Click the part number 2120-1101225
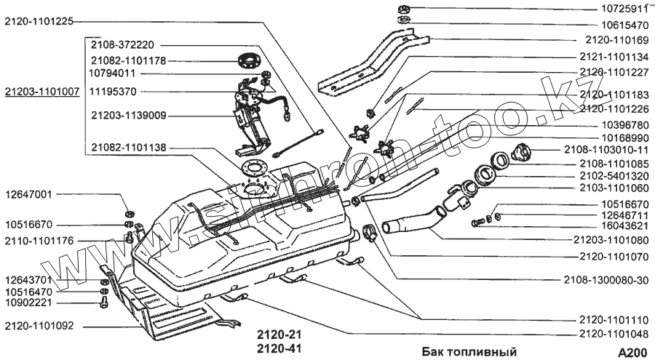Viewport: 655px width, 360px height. (39, 21)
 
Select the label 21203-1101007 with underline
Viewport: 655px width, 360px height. (41, 93)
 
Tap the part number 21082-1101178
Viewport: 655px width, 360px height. (128, 60)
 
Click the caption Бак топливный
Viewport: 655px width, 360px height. (469, 352)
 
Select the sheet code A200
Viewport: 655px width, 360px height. (632, 353)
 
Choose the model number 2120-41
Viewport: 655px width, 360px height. (277, 348)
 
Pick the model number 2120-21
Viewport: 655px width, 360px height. (277, 335)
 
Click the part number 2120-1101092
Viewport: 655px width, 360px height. (39, 325)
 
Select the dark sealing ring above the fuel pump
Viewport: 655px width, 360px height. (249, 60)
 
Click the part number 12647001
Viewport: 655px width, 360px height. (28, 195)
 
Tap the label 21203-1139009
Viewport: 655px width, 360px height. (128, 114)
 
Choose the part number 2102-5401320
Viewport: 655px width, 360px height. (613, 175)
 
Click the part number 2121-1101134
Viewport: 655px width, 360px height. (613, 56)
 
